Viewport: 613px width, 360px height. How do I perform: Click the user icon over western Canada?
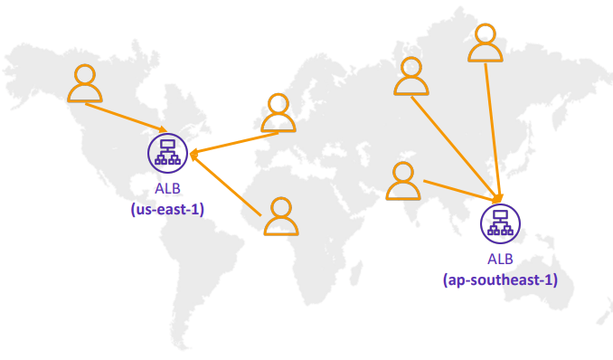[85, 83]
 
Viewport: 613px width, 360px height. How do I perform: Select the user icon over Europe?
[278, 113]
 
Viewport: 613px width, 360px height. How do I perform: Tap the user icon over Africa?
[281, 217]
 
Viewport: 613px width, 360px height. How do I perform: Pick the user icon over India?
[402, 181]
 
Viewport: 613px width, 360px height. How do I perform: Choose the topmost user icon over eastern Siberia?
[485, 43]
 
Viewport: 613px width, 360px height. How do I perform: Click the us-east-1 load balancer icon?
[166, 153]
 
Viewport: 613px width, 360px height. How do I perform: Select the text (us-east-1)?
[166, 208]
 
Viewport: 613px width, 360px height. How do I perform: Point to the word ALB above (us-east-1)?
[166, 190]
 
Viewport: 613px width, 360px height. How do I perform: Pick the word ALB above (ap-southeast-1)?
[499, 260]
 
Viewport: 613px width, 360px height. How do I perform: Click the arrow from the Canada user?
[127, 116]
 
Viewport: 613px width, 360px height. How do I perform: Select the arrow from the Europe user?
[235, 143]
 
